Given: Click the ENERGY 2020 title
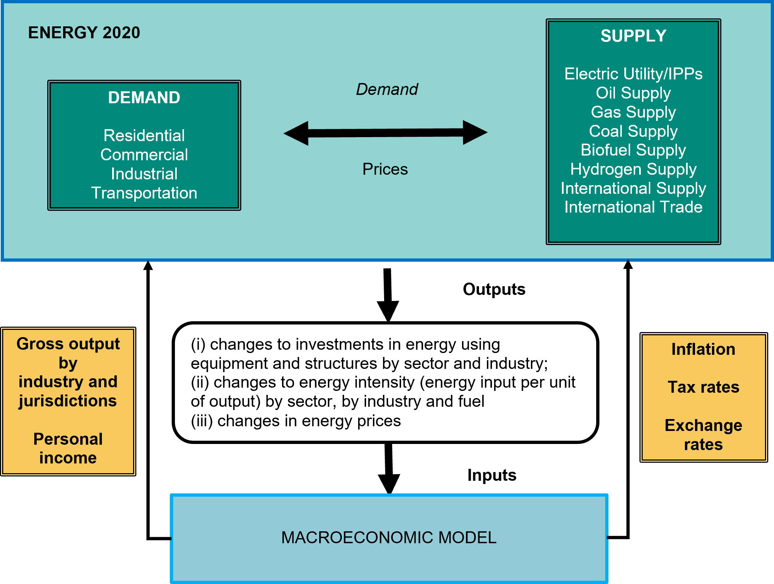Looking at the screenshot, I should [84, 32].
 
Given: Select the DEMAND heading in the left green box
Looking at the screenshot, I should [144, 97].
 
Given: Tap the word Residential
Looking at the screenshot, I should [144, 136].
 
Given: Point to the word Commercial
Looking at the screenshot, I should [144, 155].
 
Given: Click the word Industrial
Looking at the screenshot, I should [144, 174].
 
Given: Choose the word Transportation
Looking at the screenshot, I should [144, 193].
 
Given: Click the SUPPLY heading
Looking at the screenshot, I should [633, 36].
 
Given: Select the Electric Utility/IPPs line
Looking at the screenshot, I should [633, 74].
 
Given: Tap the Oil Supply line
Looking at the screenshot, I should [633, 93].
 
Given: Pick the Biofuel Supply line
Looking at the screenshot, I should [633, 150].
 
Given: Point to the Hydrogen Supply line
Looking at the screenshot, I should [633, 169].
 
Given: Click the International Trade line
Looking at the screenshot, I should [633, 207].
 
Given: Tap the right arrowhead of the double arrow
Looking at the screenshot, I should [475, 132].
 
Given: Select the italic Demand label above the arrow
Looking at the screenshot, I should [387, 89].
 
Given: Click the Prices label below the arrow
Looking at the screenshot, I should [385, 169].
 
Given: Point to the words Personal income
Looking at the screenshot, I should [68, 448].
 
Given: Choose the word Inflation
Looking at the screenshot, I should [703, 349].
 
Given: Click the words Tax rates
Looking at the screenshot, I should [703, 387].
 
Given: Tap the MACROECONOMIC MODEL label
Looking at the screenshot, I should [389, 537].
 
